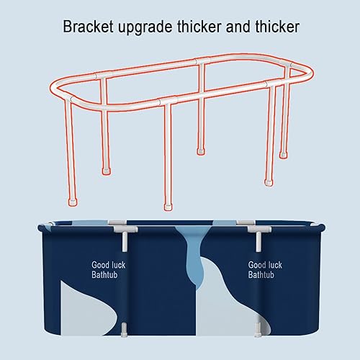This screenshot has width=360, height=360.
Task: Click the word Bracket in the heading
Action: point(88,27)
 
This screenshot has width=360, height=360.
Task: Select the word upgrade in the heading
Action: point(145,27)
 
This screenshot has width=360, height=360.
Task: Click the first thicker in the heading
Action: point(199,27)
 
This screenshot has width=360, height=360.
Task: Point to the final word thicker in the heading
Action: point(277,27)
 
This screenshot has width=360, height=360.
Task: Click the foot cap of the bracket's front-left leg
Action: point(73,202)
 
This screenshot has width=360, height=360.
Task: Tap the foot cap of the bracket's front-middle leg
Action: point(168,207)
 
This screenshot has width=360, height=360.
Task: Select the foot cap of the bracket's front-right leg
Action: point(269,182)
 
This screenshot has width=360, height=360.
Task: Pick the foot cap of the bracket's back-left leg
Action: point(106,171)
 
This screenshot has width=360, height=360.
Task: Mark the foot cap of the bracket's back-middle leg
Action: point(201,151)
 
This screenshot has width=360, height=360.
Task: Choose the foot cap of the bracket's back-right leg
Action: point(283,155)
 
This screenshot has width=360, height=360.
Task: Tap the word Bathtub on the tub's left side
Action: point(104,274)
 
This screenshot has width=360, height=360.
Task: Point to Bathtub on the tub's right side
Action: point(261,274)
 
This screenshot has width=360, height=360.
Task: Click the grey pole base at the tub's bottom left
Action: point(124,330)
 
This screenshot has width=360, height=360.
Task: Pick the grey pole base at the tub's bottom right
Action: point(258,330)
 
